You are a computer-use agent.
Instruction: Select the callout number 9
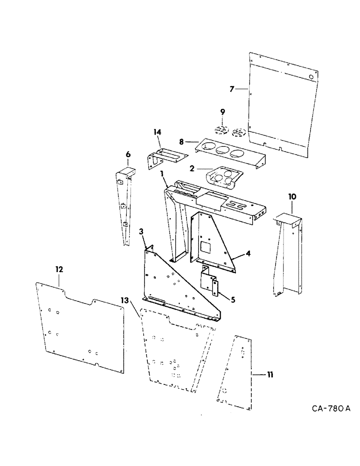click(222, 111)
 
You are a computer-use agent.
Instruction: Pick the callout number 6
click(128, 155)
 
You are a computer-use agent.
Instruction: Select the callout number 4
click(249, 254)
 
